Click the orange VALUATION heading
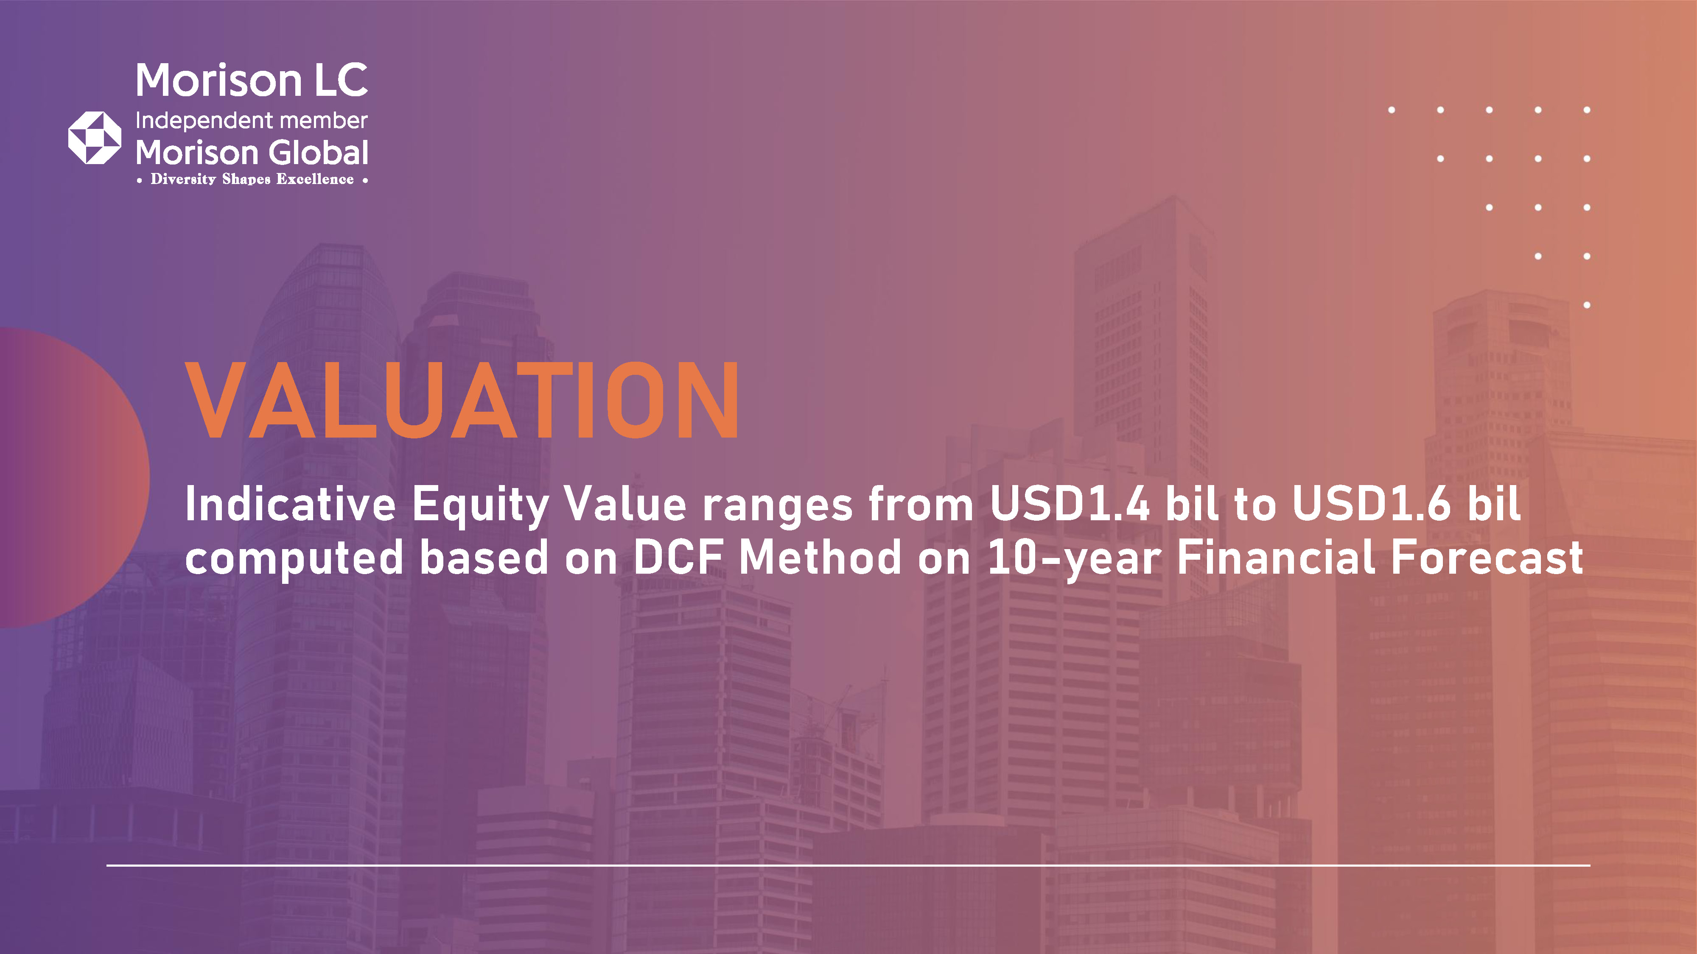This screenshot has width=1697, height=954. point(462,400)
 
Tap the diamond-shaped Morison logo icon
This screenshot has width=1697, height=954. point(95,138)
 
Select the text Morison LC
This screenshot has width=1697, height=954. point(252,80)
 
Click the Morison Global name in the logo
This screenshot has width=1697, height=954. point(252,153)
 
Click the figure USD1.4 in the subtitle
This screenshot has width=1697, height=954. point(1070,504)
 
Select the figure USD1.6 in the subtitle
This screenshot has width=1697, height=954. point(1372,504)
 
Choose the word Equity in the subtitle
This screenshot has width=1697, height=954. point(480,507)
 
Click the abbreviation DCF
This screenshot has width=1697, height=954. point(678,557)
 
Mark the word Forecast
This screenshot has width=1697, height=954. point(1487,557)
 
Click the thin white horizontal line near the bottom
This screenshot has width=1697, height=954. point(848,865)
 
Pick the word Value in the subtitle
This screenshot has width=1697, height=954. point(626,504)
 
